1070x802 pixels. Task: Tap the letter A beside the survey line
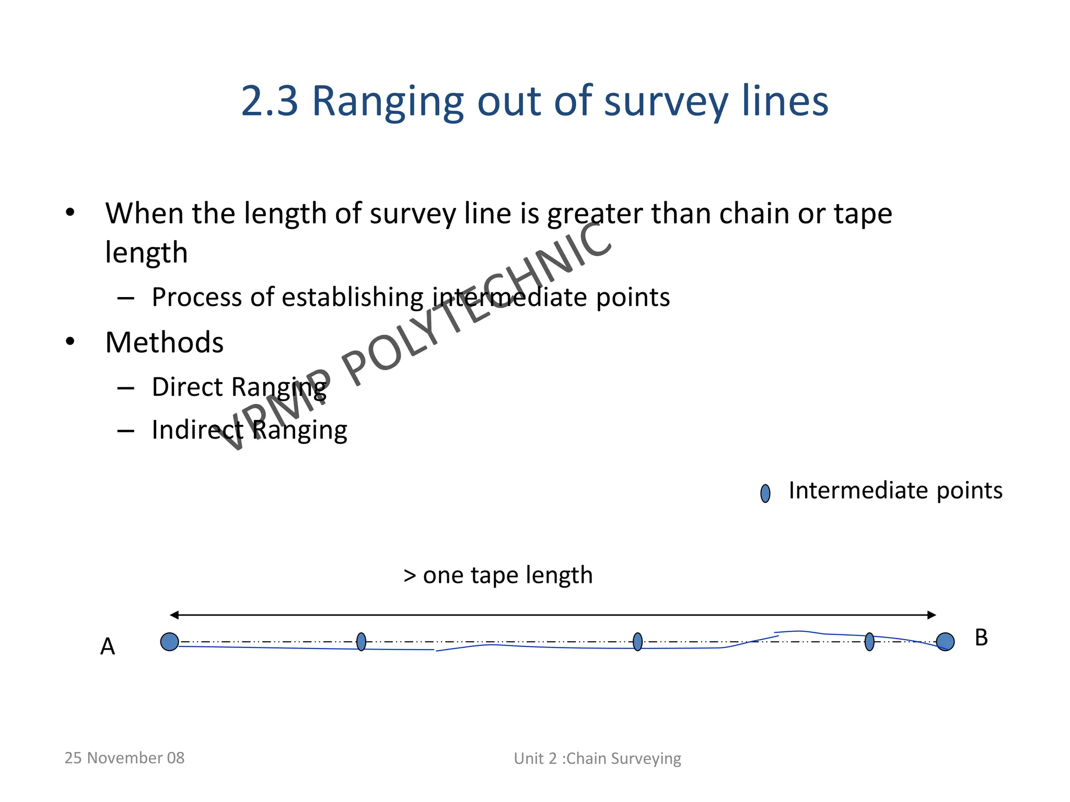[108, 646]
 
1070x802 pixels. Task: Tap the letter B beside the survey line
[981, 638]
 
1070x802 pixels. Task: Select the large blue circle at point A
[169, 642]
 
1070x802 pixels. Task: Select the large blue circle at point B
[945, 642]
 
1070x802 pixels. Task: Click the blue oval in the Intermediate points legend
[765, 493]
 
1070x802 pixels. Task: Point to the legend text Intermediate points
[895, 491]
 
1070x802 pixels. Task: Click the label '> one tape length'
[498, 575]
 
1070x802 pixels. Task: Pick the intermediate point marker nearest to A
[361, 642]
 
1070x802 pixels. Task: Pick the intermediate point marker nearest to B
[869, 642]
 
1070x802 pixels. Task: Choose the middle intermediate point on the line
[637, 642]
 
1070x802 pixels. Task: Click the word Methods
[164, 343]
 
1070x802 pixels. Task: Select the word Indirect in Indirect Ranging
[197, 430]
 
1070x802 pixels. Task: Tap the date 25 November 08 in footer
[124, 758]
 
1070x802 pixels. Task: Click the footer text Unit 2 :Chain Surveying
[597, 758]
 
